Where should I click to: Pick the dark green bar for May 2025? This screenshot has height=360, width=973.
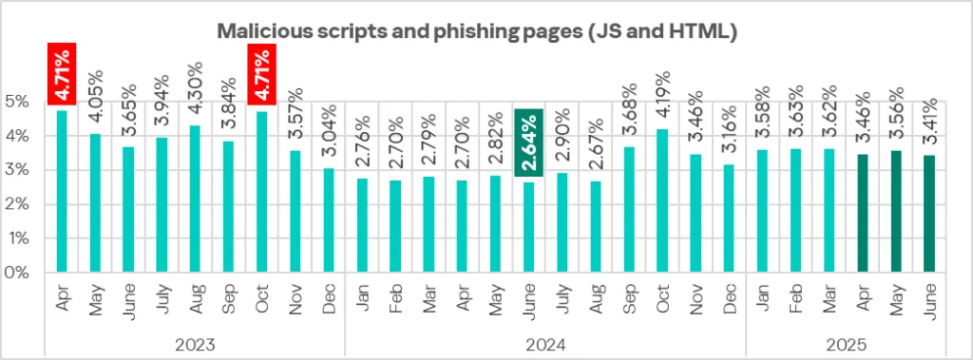pyautogui.click(x=895, y=211)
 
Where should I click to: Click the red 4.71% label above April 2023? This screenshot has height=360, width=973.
pyautogui.click(x=63, y=72)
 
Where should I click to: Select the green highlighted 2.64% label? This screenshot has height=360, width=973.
pyautogui.click(x=527, y=142)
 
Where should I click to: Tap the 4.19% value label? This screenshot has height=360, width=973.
pyautogui.click(x=662, y=95)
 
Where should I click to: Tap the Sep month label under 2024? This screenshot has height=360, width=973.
pyautogui.click(x=629, y=295)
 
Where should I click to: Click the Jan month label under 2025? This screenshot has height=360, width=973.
pyautogui.click(x=762, y=295)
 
